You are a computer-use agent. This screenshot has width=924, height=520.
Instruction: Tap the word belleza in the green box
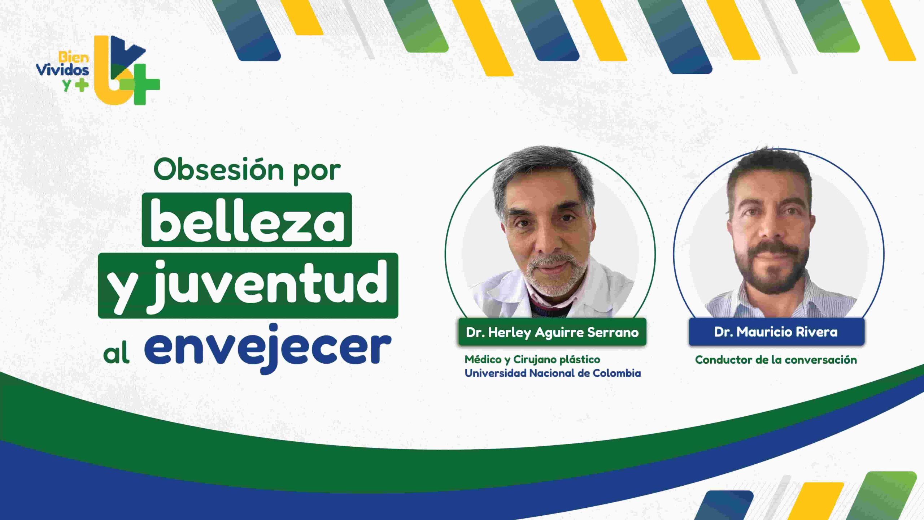[x=247, y=221]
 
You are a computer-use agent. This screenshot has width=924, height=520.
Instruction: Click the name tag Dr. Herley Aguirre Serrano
[x=552, y=332]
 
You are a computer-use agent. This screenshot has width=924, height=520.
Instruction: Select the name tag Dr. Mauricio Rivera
[x=776, y=332]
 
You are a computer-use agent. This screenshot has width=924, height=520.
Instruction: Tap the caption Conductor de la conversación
[x=776, y=360]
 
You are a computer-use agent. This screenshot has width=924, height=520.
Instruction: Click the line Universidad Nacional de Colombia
[x=553, y=373]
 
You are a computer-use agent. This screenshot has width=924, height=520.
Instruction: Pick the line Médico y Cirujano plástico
[x=532, y=360]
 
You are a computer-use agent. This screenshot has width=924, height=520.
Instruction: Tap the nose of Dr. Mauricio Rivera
[x=771, y=231]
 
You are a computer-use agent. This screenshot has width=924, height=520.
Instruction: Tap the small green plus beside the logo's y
[x=82, y=85]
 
